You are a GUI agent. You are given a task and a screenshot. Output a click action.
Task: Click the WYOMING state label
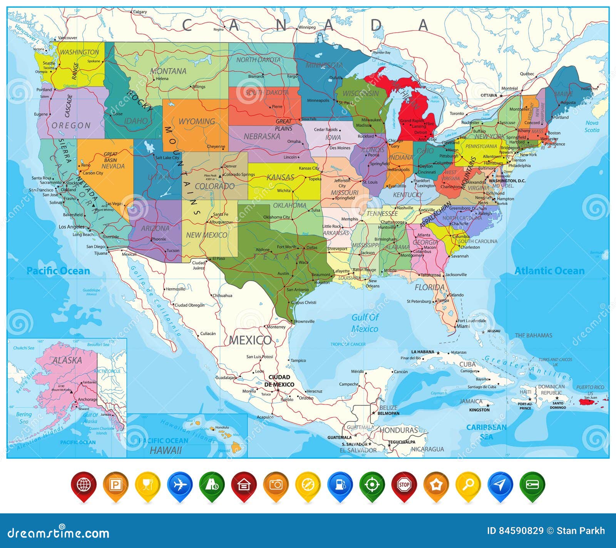click(x=196, y=122)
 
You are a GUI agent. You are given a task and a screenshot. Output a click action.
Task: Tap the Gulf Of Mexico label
click(x=365, y=323)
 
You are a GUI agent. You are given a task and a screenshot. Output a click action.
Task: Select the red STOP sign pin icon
click(x=404, y=485)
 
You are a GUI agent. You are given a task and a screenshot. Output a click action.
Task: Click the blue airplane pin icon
click(x=180, y=485)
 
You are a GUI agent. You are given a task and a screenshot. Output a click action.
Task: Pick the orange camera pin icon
click(x=276, y=485)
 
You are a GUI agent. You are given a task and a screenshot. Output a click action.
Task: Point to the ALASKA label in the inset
click(x=67, y=361)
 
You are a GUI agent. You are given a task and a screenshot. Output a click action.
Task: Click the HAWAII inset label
click(x=166, y=450)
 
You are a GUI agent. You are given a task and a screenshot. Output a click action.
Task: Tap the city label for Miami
click(x=463, y=326)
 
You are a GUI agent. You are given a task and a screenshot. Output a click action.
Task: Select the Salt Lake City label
click(x=167, y=158)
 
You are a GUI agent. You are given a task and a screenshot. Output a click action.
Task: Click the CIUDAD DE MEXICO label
click(x=279, y=381)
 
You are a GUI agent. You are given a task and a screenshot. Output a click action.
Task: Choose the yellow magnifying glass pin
click(x=468, y=485)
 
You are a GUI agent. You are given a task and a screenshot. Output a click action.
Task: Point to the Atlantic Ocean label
click(x=549, y=271)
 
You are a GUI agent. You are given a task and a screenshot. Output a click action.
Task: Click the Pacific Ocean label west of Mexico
click(x=58, y=271)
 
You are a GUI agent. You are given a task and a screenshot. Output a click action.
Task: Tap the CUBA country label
click(x=467, y=364)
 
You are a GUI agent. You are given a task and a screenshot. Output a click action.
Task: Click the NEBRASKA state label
click(x=262, y=137)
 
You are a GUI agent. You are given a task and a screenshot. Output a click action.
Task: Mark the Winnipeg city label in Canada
click(x=307, y=27)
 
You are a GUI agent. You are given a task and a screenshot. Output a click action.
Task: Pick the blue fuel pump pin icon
click(x=340, y=485)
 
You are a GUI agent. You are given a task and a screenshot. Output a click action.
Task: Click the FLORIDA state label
click(x=429, y=287)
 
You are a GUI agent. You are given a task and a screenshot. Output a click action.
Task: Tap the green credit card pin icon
click(x=532, y=485)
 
